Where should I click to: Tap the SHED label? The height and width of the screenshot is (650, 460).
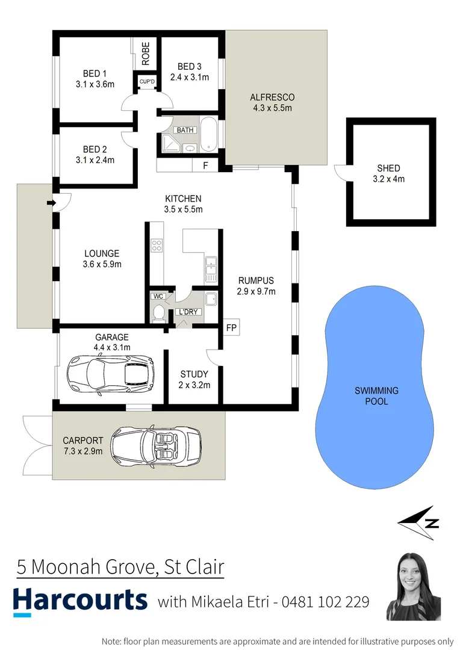click(388, 169)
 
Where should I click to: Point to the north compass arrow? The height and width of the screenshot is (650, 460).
click(418, 522)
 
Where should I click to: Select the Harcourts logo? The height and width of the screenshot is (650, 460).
click(80, 601)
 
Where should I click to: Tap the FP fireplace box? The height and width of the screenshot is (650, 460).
click(231, 328)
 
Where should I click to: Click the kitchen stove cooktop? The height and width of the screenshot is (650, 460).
click(157, 245)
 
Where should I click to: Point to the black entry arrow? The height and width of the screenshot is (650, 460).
click(51, 203)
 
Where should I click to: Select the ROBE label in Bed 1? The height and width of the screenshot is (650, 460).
click(145, 54)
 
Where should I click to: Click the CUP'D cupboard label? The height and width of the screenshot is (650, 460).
click(147, 81)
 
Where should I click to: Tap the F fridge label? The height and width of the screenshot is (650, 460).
click(205, 165)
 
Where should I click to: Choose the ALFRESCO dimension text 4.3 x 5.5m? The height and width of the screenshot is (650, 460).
click(272, 108)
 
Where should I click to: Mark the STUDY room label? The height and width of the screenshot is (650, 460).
click(194, 374)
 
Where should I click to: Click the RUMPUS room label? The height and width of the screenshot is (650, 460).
click(256, 280)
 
